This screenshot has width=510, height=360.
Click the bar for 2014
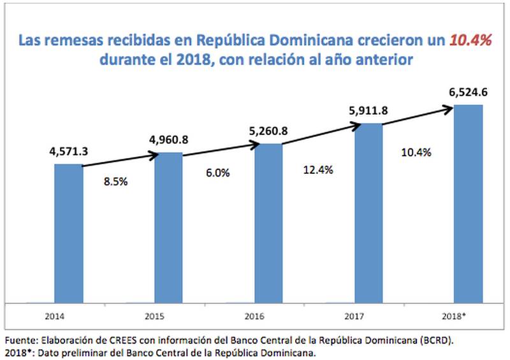69,233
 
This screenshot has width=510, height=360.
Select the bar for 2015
169,227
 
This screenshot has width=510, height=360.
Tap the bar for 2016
268,222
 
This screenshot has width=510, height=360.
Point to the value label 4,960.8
169,140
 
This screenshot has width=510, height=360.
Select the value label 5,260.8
268,131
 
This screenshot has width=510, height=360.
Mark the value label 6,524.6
468,93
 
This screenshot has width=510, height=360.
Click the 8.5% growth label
116,182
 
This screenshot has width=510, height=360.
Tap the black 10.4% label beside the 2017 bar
417,153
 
